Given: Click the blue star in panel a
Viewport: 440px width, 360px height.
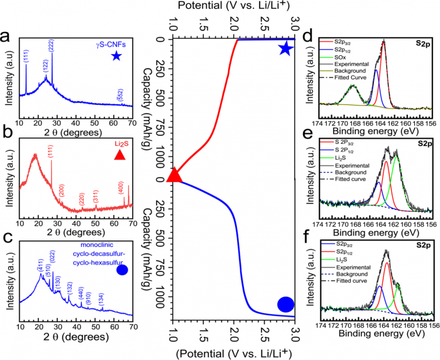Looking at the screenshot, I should click(116, 57).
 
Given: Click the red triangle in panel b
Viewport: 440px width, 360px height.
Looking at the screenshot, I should click(119, 154).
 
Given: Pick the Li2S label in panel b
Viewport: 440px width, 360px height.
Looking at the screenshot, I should click(119, 143).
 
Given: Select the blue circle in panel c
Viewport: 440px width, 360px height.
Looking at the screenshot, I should click(122, 270).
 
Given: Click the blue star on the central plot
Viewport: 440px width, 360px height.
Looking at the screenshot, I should click(286, 48).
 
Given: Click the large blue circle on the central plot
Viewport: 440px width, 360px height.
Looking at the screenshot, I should click(286, 305).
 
